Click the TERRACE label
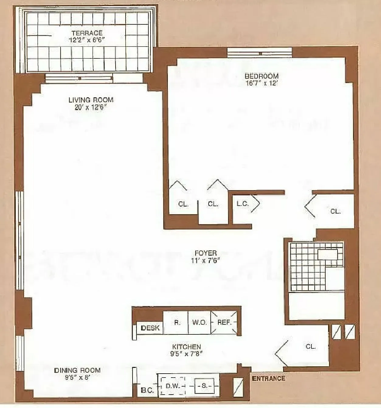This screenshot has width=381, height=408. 87,33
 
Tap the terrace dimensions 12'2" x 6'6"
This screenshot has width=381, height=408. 87,40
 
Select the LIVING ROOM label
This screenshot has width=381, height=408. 91,100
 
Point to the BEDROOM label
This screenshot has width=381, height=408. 262,76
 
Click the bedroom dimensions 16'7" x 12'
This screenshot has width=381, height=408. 262,83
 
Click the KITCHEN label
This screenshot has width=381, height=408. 186,347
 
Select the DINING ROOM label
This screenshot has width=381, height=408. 77,370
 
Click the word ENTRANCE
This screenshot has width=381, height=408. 268,378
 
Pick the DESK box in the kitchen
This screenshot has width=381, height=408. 150,328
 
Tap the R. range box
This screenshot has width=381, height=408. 177,322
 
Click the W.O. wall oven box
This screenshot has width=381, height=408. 199,322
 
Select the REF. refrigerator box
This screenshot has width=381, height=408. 224,322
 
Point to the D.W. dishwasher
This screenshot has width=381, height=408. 173,386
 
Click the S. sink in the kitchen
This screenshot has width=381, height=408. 204,386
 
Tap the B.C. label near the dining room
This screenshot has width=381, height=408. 147,390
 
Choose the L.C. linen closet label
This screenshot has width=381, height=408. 243,204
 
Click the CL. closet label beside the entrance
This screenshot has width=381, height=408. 310,346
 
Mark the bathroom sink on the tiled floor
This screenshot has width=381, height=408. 327,254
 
